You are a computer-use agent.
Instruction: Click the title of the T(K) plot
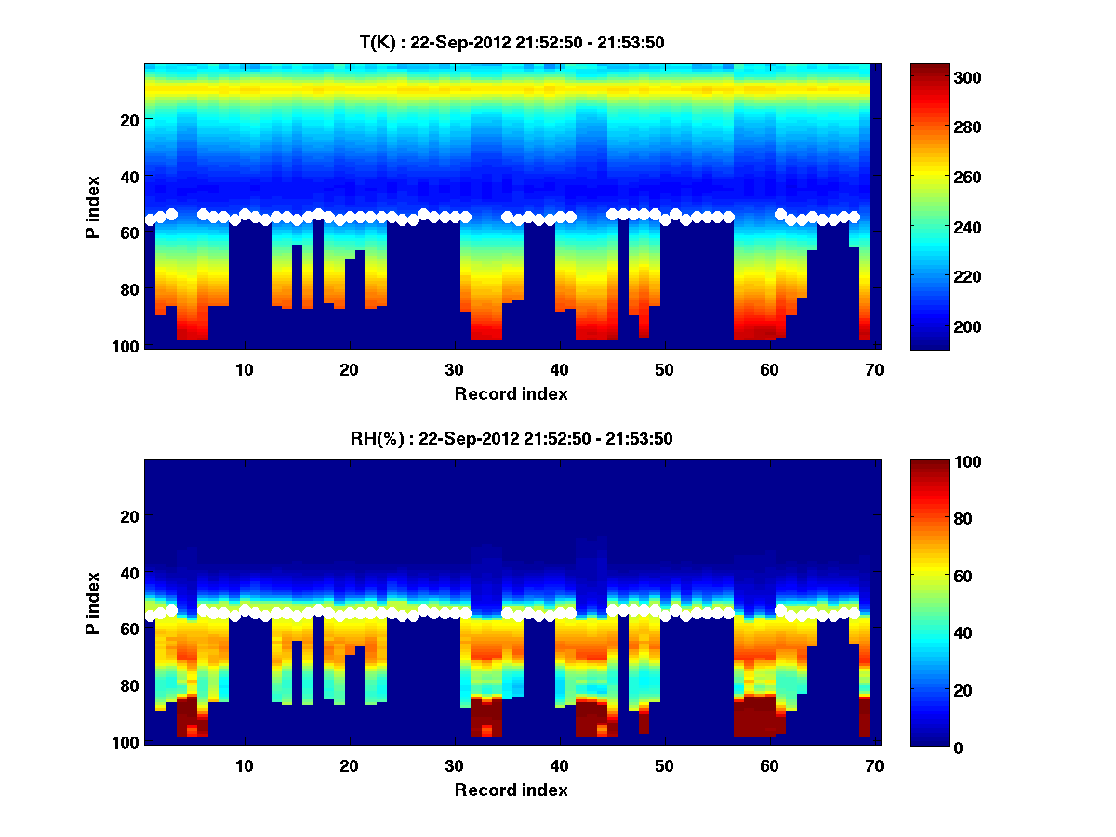click(511, 42)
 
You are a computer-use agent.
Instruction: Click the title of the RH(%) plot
click(511, 438)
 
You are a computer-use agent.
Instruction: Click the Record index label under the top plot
click(511, 394)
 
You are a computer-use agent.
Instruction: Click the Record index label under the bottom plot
click(511, 790)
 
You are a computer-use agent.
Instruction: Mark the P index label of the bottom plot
click(93, 603)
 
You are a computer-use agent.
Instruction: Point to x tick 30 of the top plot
click(455, 370)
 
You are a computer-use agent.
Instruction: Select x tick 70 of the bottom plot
click(874, 766)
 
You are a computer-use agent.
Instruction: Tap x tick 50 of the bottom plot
click(664, 766)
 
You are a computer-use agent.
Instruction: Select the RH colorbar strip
click(928, 603)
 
